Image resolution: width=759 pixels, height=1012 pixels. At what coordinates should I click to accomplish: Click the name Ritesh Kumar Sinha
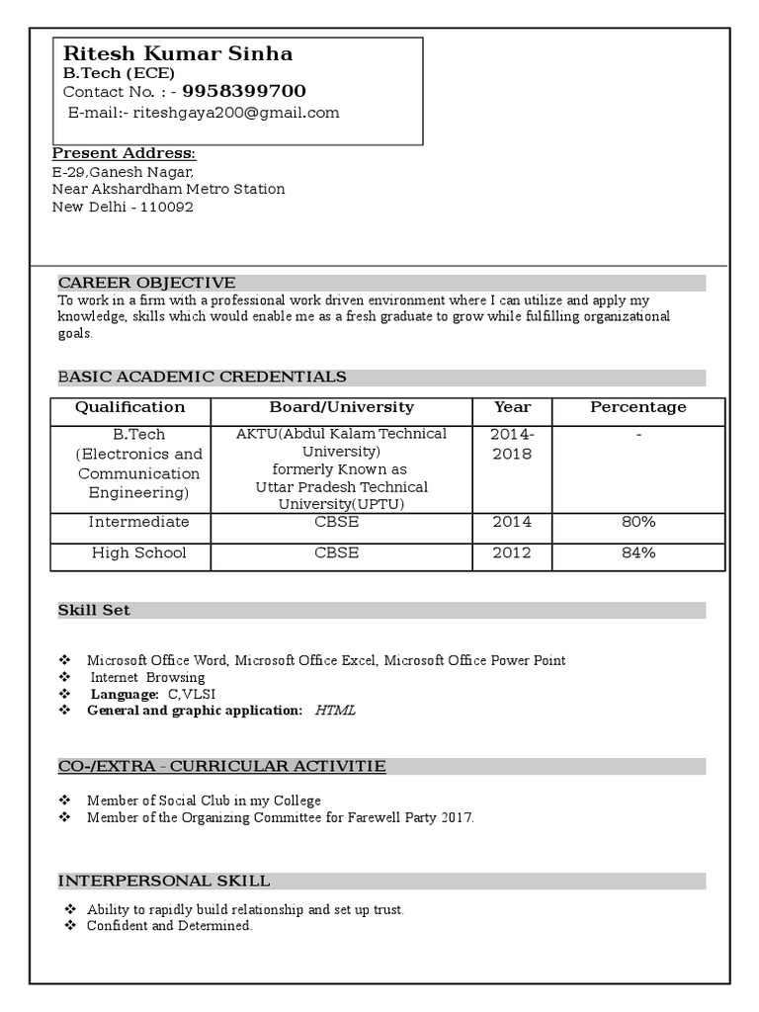(178, 53)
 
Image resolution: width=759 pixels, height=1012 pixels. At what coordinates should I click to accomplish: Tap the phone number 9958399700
(244, 92)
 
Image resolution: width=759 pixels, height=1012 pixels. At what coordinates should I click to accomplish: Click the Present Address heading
(124, 153)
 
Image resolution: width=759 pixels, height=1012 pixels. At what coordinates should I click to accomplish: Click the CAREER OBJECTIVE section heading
(146, 283)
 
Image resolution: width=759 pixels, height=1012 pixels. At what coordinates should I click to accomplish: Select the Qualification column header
(130, 407)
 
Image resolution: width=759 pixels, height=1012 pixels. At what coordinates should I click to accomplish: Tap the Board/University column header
(342, 407)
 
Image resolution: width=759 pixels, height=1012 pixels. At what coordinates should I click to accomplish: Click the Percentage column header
(638, 407)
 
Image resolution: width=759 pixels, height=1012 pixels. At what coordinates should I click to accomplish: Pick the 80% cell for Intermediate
(638, 522)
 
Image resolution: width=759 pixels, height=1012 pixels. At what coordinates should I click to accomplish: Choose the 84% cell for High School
(638, 552)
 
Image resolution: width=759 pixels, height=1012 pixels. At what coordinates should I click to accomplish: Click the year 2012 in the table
(512, 552)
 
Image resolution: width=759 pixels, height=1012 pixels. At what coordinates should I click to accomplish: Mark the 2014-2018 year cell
(512, 445)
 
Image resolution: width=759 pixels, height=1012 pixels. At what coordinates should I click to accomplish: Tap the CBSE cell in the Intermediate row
(337, 522)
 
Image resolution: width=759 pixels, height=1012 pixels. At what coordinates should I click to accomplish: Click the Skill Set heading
(94, 611)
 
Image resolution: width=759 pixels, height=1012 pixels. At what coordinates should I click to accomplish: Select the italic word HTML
(335, 711)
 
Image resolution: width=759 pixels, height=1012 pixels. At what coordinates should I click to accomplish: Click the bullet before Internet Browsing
(65, 677)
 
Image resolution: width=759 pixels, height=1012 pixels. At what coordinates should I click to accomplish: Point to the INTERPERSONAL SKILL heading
(164, 881)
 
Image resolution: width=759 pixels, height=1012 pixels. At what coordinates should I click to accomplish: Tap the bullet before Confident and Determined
(70, 926)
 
